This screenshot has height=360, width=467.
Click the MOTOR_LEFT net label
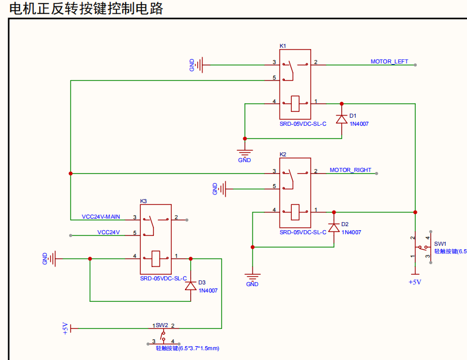pyautogui.click(x=389, y=61)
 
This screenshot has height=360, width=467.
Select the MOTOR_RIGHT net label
pyautogui.click(x=351, y=170)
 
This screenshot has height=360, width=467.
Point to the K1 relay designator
pyautogui.click(x=283, y=46)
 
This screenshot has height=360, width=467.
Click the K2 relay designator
pyautogui.click(x=283, y=155)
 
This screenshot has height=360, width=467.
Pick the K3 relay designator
pyautogui.click(x=144, y=201)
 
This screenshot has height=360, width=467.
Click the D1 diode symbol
pyautogui.click(x=341, y=119)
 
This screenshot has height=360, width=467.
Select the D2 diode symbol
pyautogui.click(x=333, y=228)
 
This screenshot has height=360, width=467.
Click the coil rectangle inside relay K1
pyautogui.click(x=296, y=103)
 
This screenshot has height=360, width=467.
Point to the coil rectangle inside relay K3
pyautogui.click(x=156, y=258)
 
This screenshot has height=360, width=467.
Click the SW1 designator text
pyautogui.click(x=440, y=244)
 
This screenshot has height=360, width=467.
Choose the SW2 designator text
pyautogui.click(x=161, y=325)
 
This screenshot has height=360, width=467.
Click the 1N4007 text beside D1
pyautogui.click(x=359, y=123)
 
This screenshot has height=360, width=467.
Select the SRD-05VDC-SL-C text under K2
pyautogui.click(x=303, y=232)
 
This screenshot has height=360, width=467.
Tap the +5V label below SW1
pyautogui.click(x=415, y=282)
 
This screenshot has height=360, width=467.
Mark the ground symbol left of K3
pyautogui.click(x=53, y=258)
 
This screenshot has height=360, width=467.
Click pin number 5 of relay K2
pyautogui.click(x=274, y=186)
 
